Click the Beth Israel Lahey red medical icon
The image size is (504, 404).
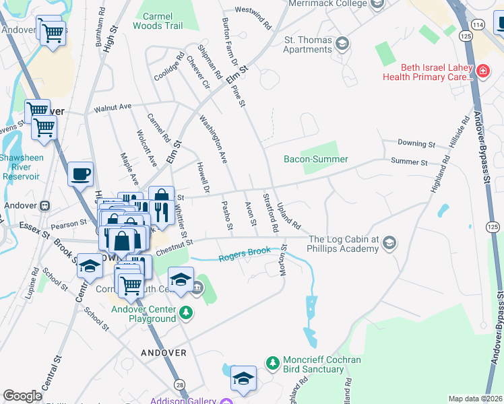click(482, 71)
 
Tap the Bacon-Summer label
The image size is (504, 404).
click(315, 160)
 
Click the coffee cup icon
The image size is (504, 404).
click(80, 174)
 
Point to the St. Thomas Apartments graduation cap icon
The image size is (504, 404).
click(343, 44)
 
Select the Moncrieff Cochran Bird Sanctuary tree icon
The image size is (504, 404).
click(273, 364)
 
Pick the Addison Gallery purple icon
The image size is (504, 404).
click(226, 401)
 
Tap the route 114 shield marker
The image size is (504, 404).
click(478, 24)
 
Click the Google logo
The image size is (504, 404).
click(22, 395)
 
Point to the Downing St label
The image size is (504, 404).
click(416, 144)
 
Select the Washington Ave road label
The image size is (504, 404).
click(212, 139)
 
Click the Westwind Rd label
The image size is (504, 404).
click(253, 17)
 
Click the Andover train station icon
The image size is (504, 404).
click(45, 206)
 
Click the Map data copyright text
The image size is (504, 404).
click(474, 399)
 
